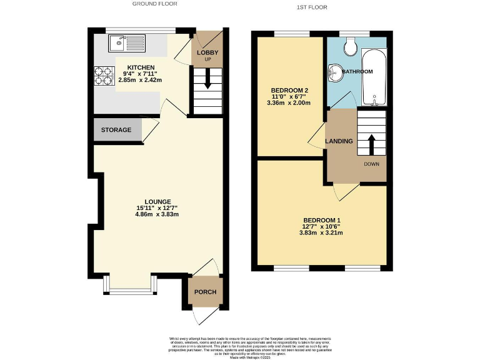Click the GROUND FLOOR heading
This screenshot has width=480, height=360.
(154, 4)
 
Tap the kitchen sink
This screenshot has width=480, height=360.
(126, 43)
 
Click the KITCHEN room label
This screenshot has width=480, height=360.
(141, 67)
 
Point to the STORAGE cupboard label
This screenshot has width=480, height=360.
(117, 130)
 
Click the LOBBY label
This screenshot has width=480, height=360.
(207, 52)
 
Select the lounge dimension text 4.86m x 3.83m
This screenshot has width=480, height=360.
(157, 214)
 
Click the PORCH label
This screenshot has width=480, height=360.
(205, 292)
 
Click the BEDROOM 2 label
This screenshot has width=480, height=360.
(289, 91)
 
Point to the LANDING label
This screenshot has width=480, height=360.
(339, 141)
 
